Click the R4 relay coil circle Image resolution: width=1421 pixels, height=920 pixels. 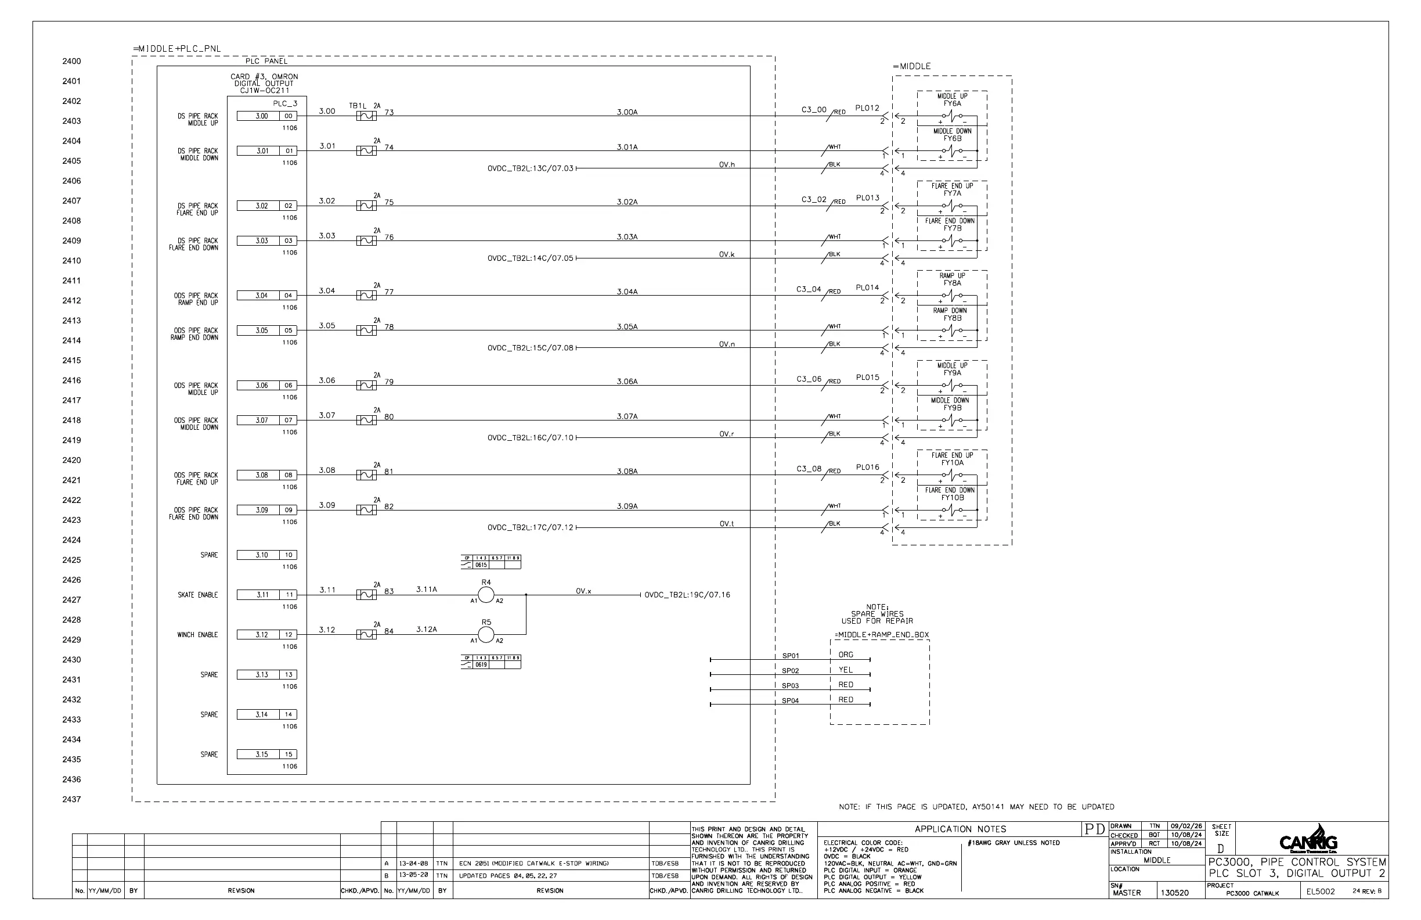pyautogui.click(x=486, y=595)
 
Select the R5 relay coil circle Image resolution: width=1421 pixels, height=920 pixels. pyautogui.click(x=486, y=635)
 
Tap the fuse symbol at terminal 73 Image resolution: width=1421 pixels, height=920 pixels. pyautogui.click(x=366, y=116)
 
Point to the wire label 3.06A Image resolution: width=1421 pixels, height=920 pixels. pyautogui.click(x=627, y=381)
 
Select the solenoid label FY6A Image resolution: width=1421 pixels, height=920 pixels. pyautogui.click(x=953, y=103)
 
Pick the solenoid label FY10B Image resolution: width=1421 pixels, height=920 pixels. pyautogui.click(x=953, y=498)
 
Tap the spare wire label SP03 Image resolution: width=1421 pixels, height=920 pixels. pyautogui.click(x=790, y=686)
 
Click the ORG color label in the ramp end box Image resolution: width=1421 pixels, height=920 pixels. pyautogui.click(x=845, y=655)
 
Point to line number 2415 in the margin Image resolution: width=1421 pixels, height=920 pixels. pyautogui.click(x=71, y=360)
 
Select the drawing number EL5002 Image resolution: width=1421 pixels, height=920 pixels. pyautogui.click(x=1320, y=892)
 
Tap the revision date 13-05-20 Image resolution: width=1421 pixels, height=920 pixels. pyautogui.click(x=413, y=876)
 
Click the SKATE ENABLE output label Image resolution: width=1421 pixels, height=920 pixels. pyautogui.click(x=197, y=595)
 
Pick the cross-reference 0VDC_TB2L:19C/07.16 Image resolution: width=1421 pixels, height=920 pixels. pyautogui.click(x=687, y=595)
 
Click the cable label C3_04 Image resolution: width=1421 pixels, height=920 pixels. pyautogui.click(x=809, y=289)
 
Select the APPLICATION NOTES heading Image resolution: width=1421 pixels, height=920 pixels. pyautogui.click(x=960, y=829)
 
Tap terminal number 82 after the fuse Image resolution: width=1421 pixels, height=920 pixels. pyautogui.click(x=389, y=506)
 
